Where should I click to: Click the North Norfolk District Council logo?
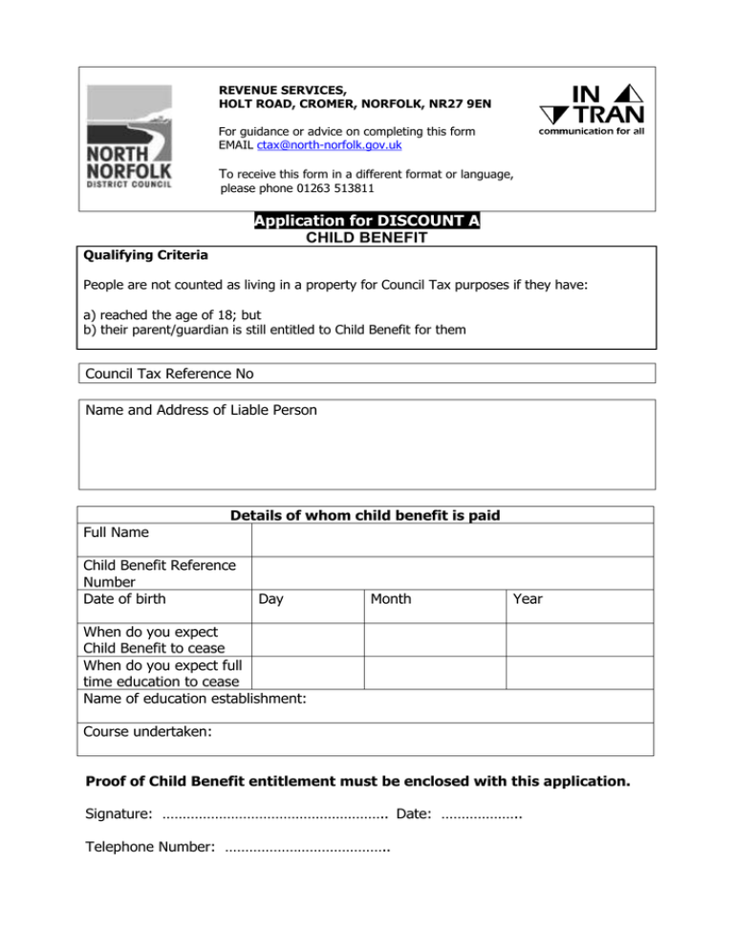[130, 138]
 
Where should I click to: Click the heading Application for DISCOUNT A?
[367, 222]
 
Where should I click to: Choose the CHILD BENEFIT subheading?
[367, 238]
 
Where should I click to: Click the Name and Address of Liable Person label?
[201, 411]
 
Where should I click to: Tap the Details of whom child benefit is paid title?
[366, 516]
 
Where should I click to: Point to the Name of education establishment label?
[195, 700]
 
